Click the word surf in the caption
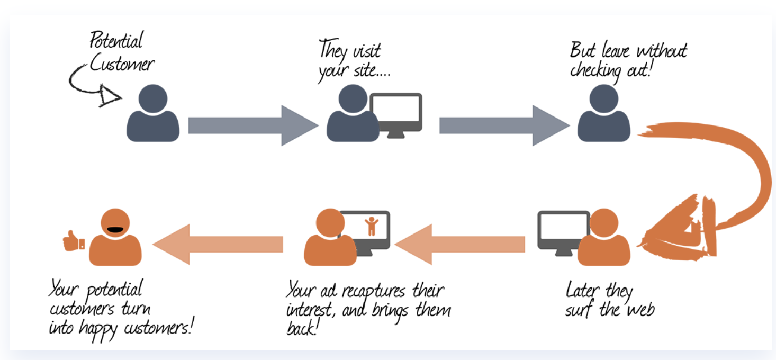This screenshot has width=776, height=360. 579,309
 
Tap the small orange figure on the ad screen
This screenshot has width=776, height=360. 371,226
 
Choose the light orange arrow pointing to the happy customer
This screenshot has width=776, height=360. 218,244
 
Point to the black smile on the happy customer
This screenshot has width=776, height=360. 115,229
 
